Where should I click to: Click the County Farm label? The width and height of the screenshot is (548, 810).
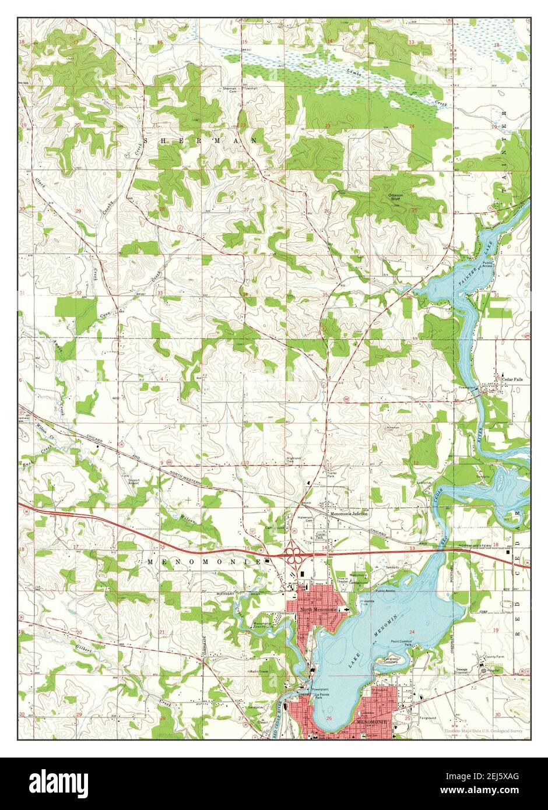pyautogui.click(x=496, y=657)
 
